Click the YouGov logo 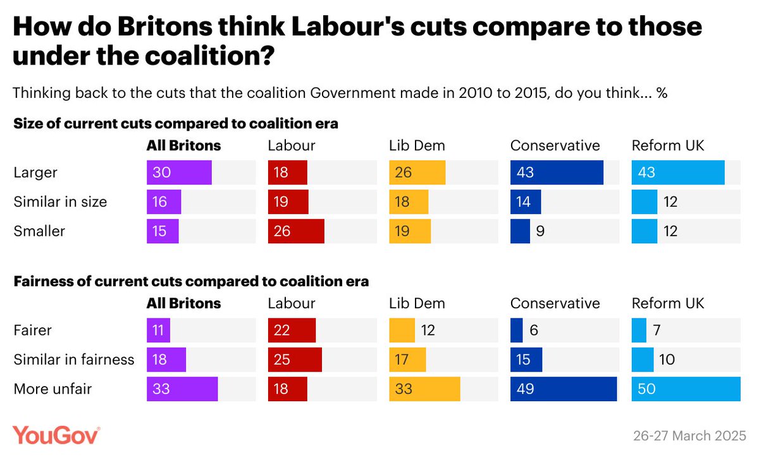(56, 435)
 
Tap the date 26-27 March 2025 (689, 436)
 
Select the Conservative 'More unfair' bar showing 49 (563, 389)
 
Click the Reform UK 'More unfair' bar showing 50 (686, 389)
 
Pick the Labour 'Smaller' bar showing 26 (296, 231)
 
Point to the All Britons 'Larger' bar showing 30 (179, 172)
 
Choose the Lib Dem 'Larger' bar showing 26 (417, 172)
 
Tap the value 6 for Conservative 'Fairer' (534, 330)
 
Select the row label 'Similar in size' (60, 202)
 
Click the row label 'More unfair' (52, 389)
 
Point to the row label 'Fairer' (33, 330)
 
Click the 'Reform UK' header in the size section (668, 146)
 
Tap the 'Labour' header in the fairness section (292, 303)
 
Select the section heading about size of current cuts (176, 124)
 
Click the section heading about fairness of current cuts (191, 281)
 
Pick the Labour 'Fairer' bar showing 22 (292, 330)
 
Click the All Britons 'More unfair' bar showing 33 (182, 389)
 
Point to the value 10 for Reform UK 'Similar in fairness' (667, 360)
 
